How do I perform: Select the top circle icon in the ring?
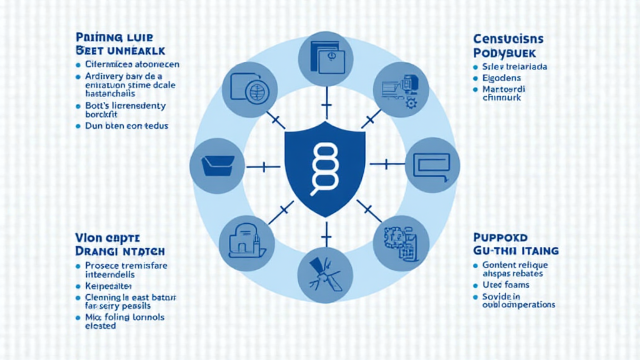[324, 59]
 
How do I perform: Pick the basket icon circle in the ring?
[217, 166]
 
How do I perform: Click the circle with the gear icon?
[400, 92]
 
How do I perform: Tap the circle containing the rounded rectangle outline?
[432, 165]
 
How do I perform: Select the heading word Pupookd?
[501, 237]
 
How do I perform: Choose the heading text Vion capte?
[104, 237]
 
